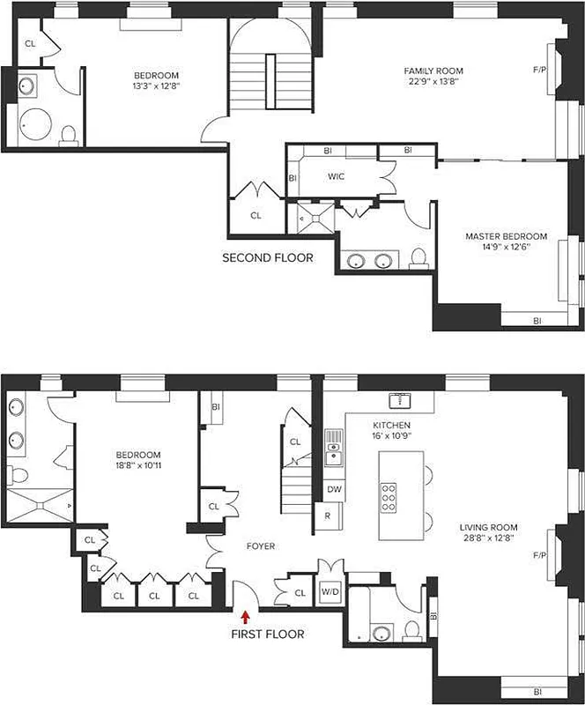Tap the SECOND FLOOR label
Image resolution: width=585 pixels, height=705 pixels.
267,258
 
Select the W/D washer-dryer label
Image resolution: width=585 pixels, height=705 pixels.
331,591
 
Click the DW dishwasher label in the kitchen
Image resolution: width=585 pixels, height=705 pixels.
334,488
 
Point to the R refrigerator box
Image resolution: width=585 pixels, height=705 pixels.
328,516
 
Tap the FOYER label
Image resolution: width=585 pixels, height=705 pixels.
260,546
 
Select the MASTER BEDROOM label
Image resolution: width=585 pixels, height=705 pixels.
506,236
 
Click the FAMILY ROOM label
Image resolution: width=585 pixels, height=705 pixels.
433,70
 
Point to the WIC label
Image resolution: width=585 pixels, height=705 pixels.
336,176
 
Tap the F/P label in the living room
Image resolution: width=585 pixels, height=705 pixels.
539,555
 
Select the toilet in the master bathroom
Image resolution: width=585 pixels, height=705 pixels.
418,257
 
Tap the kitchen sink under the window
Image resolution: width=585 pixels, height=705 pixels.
403,401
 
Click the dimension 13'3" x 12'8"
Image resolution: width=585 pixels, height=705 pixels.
157,86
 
